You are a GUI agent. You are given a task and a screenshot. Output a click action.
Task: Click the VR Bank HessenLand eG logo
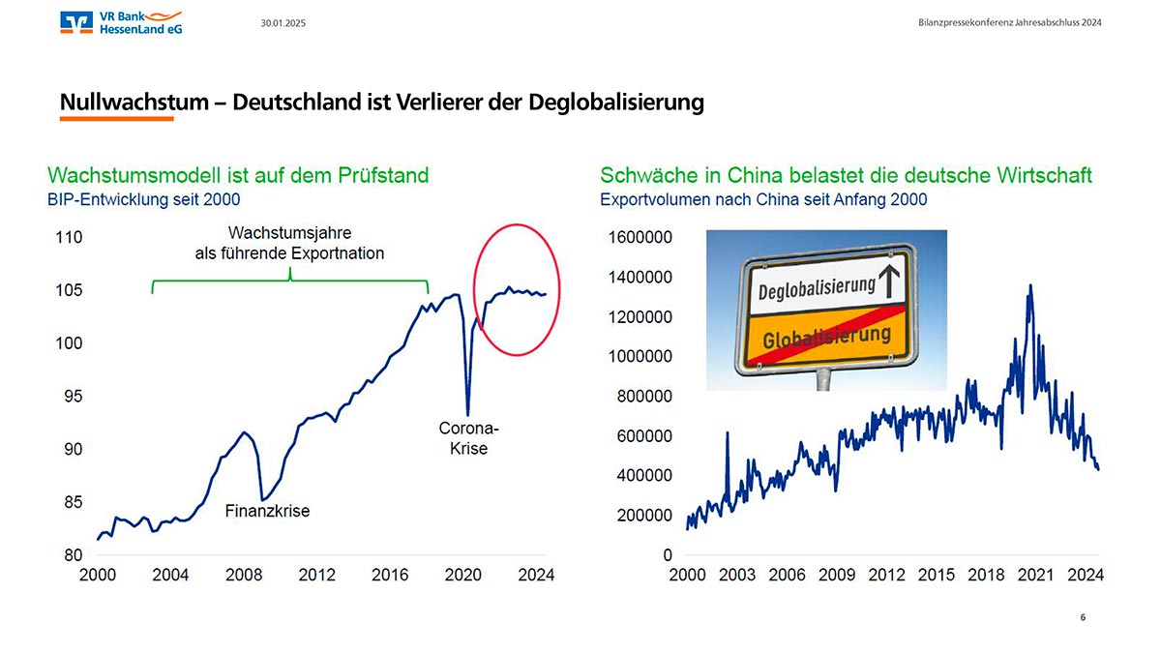tap(120, 22)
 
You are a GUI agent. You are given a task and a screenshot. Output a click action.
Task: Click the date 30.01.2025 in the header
tap(283, 22)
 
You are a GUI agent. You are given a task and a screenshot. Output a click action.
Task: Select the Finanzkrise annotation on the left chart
tap(267, 511)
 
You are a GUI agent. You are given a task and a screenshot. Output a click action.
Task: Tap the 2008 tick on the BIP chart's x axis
tap(244, 575)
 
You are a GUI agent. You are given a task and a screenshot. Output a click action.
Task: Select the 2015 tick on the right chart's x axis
tap(936, 575)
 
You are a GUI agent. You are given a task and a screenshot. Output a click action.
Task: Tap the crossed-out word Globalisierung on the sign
tap(826, 339)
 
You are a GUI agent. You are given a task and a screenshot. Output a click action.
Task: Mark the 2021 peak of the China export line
tap(1030, 285)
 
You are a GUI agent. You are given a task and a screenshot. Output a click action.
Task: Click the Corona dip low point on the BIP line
tap(468, 414)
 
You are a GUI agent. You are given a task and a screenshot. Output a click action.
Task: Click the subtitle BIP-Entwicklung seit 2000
tap(143, 200)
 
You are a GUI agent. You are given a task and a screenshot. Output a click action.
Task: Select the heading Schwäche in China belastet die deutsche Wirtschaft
tap(846, 175)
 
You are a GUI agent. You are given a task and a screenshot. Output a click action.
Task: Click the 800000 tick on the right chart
tap(640, 396)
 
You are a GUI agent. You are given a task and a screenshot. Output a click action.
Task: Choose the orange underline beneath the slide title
tap(116, 119)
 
